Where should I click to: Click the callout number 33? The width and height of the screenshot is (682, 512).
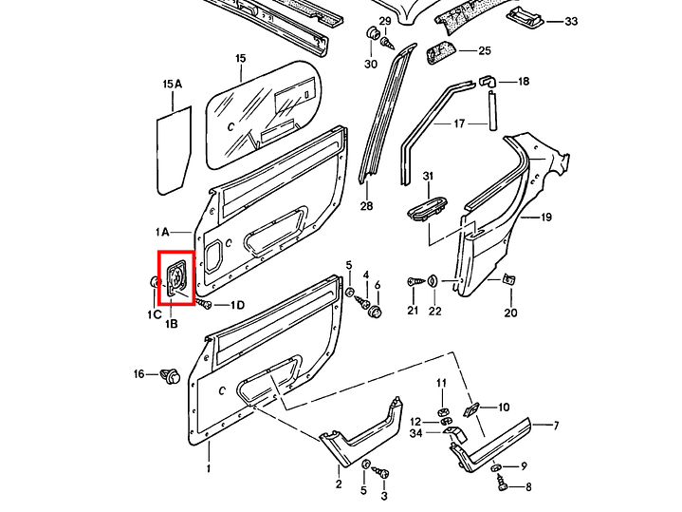coord(571,21)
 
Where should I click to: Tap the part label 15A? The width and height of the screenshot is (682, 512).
coord(173,85)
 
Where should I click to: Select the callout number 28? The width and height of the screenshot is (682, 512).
coord(366,205)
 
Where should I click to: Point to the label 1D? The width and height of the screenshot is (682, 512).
coord(237,305)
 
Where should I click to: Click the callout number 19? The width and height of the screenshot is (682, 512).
coord(545,217)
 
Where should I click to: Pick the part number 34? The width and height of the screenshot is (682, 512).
coord(415,433)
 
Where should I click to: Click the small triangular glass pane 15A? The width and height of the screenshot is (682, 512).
coord(174,150)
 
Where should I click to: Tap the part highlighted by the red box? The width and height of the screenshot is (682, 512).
coord(176,278)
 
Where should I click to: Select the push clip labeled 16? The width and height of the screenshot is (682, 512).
coord(170,376)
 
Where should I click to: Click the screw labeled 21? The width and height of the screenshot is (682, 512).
coord(415,282)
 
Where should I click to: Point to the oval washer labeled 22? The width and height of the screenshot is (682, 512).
coord(433,280)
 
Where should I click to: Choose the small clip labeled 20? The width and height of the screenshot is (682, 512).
coord(508,279)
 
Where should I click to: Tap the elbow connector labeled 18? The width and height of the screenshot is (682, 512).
coord(488,81)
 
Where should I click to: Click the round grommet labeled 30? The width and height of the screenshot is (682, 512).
coord(373,32)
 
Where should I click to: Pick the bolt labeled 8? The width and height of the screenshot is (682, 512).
coord(504,484)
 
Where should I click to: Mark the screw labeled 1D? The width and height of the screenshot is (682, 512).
coord(204,303)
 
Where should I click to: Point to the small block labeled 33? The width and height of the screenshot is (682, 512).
coord(525,16)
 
